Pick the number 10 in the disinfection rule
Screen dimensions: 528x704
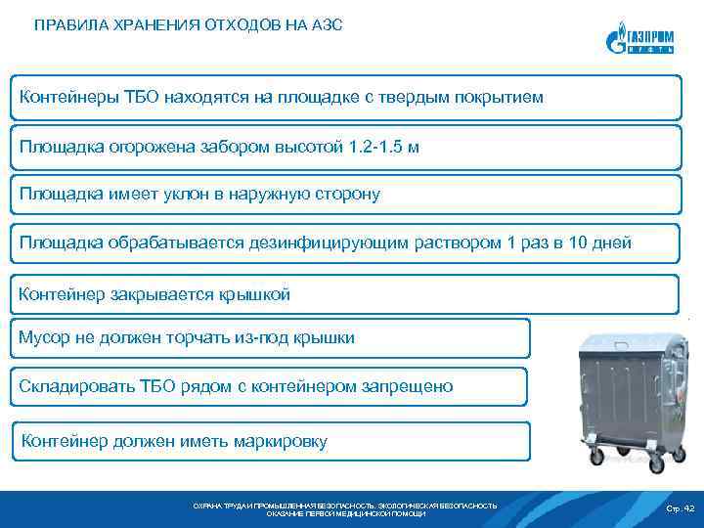(580, 242)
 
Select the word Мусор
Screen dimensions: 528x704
(45, 337)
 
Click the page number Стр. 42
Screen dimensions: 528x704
(679, 508)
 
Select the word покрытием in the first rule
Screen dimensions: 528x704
(492, 98)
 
